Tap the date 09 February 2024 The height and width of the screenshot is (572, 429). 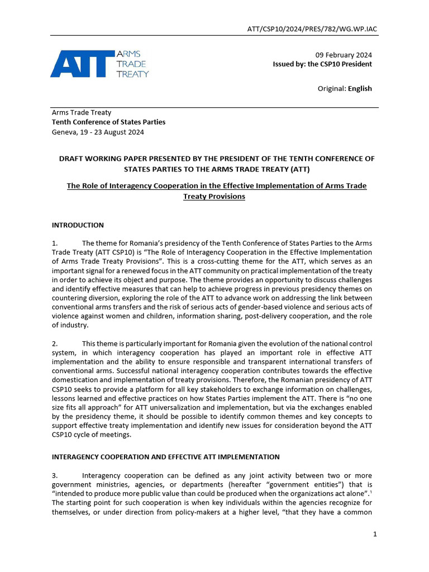tap(344, 55)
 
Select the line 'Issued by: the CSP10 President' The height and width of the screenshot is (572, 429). tap(322, 64)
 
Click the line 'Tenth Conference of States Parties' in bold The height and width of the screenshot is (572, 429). tap(108, 122)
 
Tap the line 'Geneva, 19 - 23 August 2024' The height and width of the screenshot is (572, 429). tap(98, 132)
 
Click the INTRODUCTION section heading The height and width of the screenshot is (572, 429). tap(78, 225)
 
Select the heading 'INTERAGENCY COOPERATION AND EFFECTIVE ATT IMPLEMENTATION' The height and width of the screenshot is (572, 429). tap(165, 457)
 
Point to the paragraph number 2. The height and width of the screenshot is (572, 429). tap(55, 343)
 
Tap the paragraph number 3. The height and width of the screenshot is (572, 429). tap(55, 475)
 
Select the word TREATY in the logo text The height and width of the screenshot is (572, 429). tap(132, 74)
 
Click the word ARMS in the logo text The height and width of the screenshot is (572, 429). tap(127, 54)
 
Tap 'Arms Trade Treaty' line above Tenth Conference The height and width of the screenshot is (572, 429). tap(82, 112)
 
